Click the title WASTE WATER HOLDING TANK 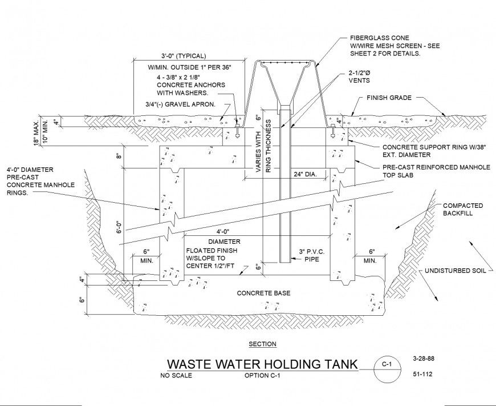261,364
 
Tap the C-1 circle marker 386,364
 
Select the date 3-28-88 422,359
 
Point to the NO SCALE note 176,376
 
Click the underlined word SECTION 263,344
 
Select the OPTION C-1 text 263,376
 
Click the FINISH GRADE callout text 389,98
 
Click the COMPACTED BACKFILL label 463,209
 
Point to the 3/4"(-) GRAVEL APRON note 180,104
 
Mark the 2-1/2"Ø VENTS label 360,77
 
